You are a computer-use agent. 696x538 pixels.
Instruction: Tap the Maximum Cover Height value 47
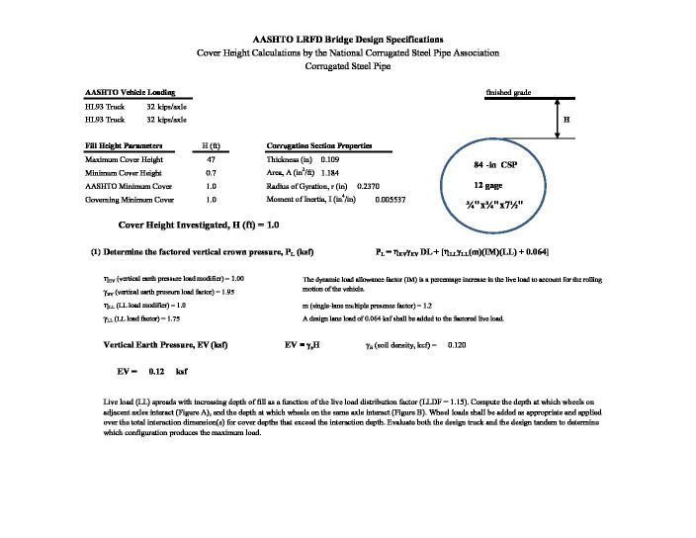tap(210, 158)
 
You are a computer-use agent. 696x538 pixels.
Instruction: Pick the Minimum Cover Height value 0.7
tap(210, 172)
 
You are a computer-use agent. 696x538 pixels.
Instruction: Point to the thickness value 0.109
tap(333, 158)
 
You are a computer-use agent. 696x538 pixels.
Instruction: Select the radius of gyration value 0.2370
tap(369, 186)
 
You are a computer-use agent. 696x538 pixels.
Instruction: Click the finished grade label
tap(508, 92)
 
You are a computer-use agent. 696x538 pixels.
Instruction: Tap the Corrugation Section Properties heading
tap(319, 145)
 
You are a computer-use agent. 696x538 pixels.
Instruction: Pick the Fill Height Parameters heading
tap(124, 145)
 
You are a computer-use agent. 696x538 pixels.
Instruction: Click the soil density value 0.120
tap(457, 345)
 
